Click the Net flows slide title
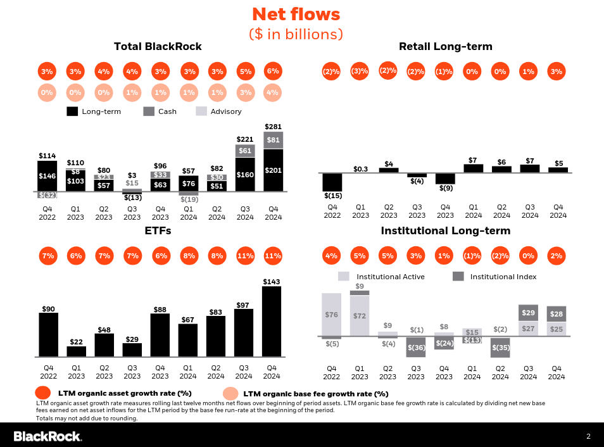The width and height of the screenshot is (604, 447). (x=296, y=15)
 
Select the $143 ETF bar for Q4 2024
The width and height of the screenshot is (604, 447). (x=272, y=322)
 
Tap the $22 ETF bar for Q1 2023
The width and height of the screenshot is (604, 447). (x=76, y=351)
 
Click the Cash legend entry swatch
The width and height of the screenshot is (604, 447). (x=149, y=111)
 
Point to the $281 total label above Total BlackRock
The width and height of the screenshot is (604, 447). (x=273, y=127)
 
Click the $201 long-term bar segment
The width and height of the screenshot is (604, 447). (x=273, y=170)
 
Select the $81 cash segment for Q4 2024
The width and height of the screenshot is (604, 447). (x=273, y=140)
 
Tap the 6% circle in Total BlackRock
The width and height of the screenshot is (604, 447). (x=273, y=72)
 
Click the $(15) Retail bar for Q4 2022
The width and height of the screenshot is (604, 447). (x=332, y=182)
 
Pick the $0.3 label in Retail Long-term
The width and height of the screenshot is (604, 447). (x=360, y=168)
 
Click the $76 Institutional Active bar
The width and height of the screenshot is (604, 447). (x=331, y=314)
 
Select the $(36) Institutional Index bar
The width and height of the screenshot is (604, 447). (x=416, y=347)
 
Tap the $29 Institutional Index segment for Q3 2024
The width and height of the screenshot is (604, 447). (x=529, y=313)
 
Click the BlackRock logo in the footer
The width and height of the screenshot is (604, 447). (x=47, y=436)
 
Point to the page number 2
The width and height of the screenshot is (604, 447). (x=588, y=436)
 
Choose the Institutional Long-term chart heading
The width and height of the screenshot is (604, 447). (x=445, y=231)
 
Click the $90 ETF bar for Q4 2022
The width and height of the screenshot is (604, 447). (x=48, y=334)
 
